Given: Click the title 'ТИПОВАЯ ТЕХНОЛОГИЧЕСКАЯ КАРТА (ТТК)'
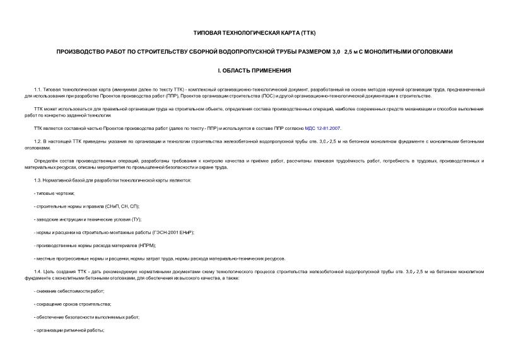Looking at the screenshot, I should [x=254, y=32].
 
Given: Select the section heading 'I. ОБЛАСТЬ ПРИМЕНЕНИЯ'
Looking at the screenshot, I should [x=254, y=70].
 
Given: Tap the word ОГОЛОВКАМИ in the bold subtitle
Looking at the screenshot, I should [x=430, y=51].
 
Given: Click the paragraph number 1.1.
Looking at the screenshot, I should [x=37, y=90].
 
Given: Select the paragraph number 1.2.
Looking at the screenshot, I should [x=37, y=142].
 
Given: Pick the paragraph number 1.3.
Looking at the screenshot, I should [x=37, y=180].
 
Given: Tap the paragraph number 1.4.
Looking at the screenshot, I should [x=37, y=271].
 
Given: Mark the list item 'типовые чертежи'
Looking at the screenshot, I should [x=51, y=194].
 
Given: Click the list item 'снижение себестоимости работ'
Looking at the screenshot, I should [x=71, y=291].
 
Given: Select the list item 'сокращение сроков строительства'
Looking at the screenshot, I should [x=72, y=304].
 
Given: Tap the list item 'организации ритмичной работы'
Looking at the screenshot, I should [x=70, y=330].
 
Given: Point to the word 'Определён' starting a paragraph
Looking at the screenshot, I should [x=46, y=161].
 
